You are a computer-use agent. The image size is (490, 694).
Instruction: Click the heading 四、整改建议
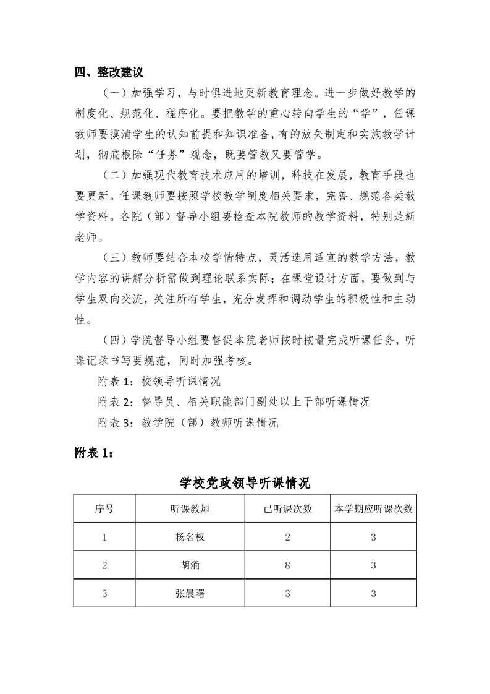pos(109,72)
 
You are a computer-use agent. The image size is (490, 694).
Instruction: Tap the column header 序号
pos(104,509)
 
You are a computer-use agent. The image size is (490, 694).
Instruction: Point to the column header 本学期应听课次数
pos(373,509)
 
